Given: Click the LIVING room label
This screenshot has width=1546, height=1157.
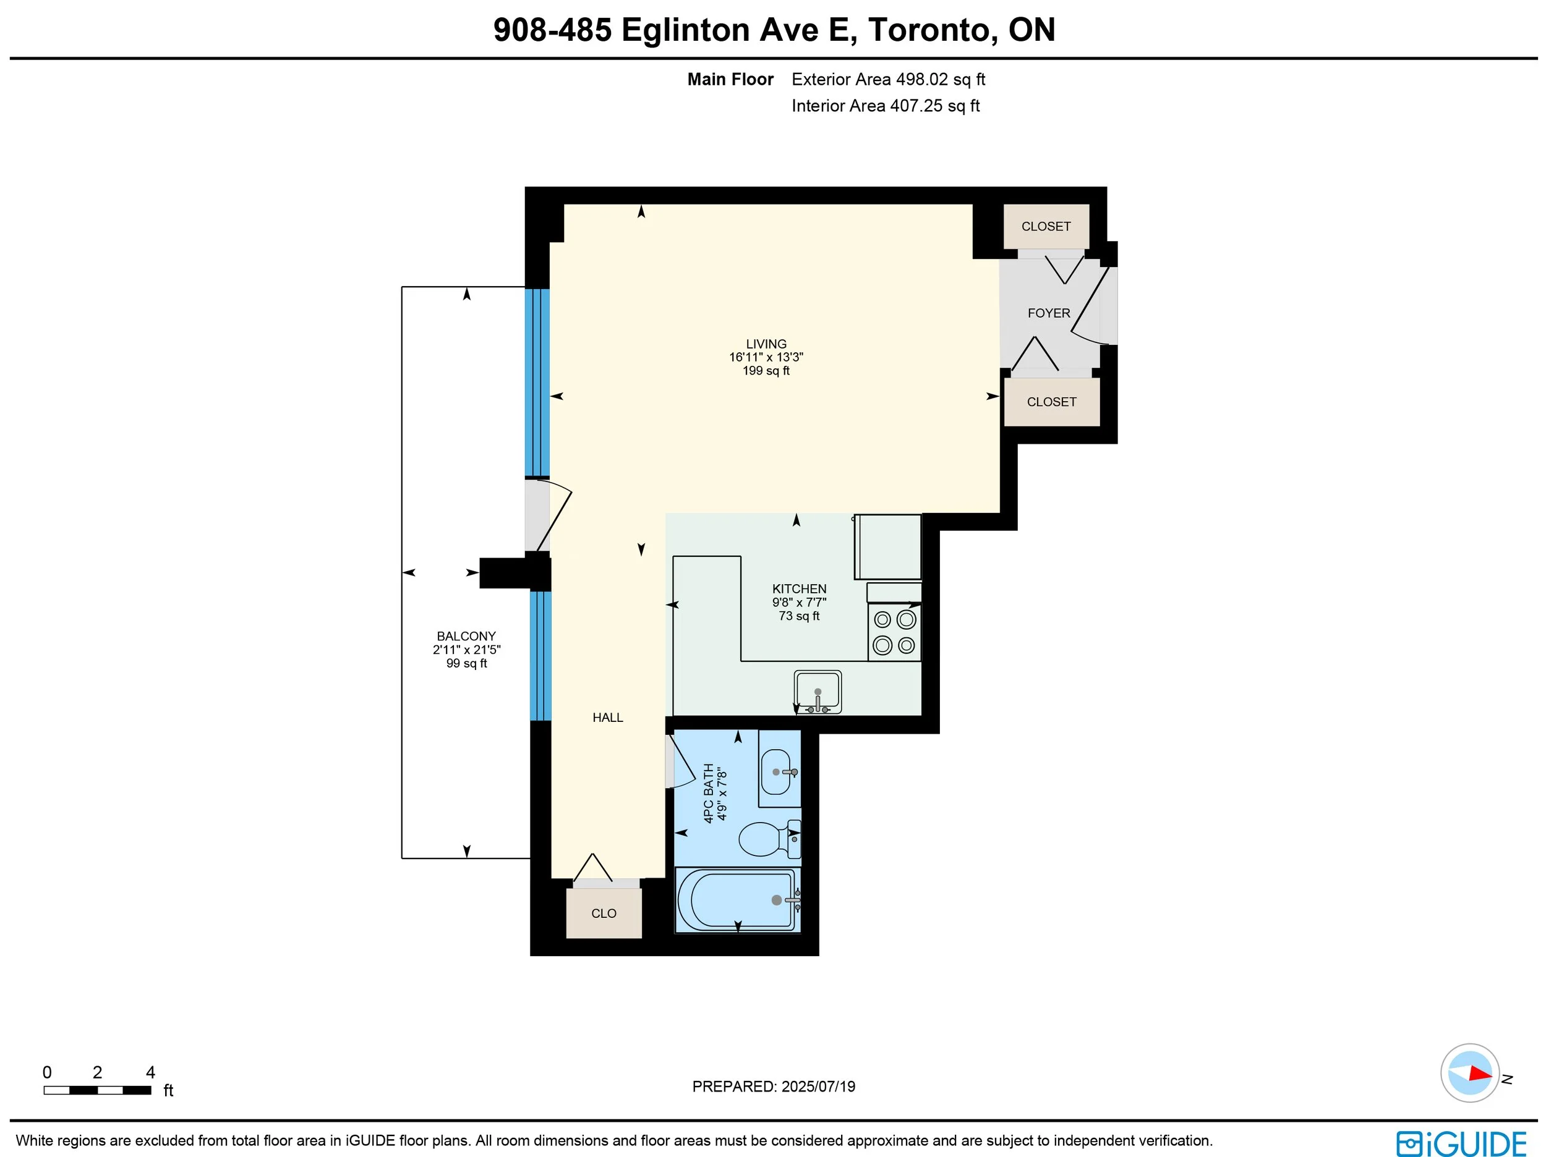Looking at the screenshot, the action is click(x=766, y=344).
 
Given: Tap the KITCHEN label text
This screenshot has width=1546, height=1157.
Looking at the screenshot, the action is click(x=799, y=589).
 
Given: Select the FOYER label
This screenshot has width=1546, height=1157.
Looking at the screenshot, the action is click(x=1048, y=313).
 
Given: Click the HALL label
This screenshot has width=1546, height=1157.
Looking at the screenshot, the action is click(x=607, y=718).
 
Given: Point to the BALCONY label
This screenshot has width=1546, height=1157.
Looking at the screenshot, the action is click(x=466, y=637).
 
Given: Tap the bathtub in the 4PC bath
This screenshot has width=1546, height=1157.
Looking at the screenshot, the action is click(x=737, y=900).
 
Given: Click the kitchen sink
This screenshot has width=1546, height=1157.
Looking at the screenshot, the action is click(x=818, y=692).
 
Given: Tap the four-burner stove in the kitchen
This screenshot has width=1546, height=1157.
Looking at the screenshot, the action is click(x=895, y=632).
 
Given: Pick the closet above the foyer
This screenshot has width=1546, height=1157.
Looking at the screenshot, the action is click(x=1046, y=226).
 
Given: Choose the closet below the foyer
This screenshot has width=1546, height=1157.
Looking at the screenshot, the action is click(x=1052, y=402).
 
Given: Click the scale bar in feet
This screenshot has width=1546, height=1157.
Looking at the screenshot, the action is click(x=97, y=1090).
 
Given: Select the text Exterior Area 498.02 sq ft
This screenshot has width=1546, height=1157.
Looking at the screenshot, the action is click(x=888, y=80).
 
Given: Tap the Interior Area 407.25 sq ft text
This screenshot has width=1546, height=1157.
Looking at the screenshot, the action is click(x=886, y=106).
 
